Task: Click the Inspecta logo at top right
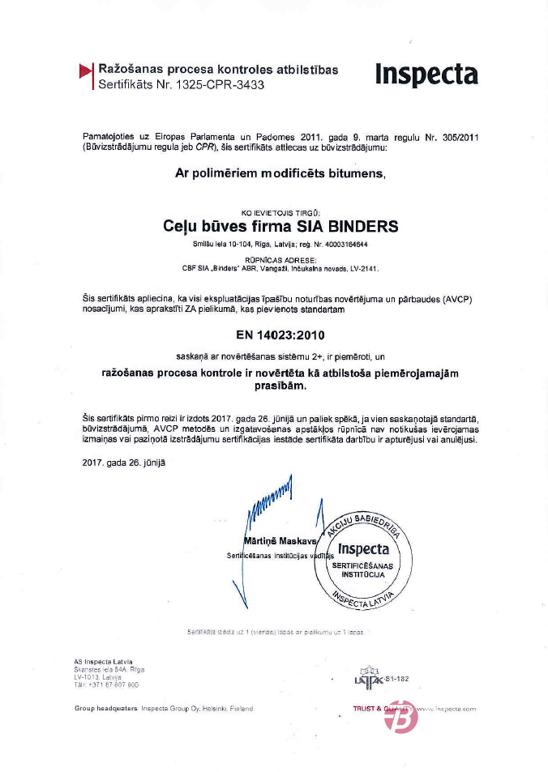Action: click(x=426, y=75)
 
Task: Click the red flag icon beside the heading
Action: click(x=86, y=72)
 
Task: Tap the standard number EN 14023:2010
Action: click(x=274, y=334)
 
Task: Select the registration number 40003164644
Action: click(x=344, y=244)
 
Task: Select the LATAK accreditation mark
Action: click(x=369, y=678)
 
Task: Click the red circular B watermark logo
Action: click(x=401, y=717)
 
